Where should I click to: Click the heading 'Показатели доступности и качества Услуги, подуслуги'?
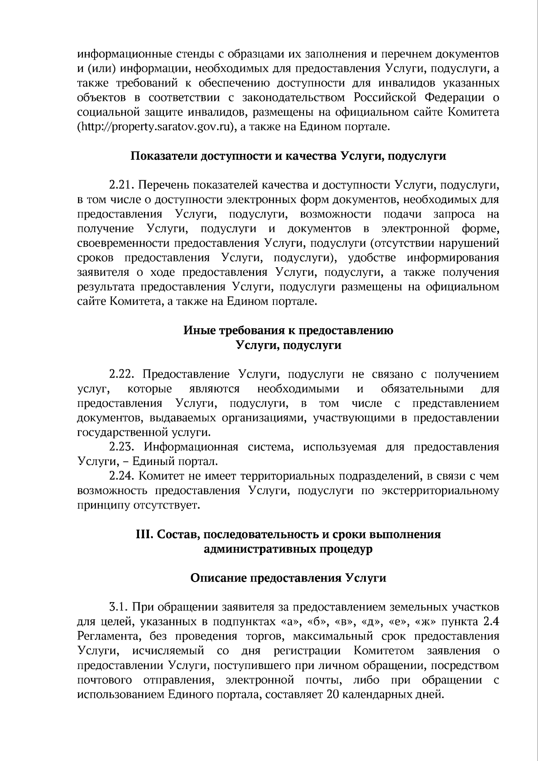coord(288,156)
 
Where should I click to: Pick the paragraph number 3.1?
coord(119,608)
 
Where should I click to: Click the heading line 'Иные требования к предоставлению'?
coord(288,330)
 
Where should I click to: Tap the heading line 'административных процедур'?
coord(288,549)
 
